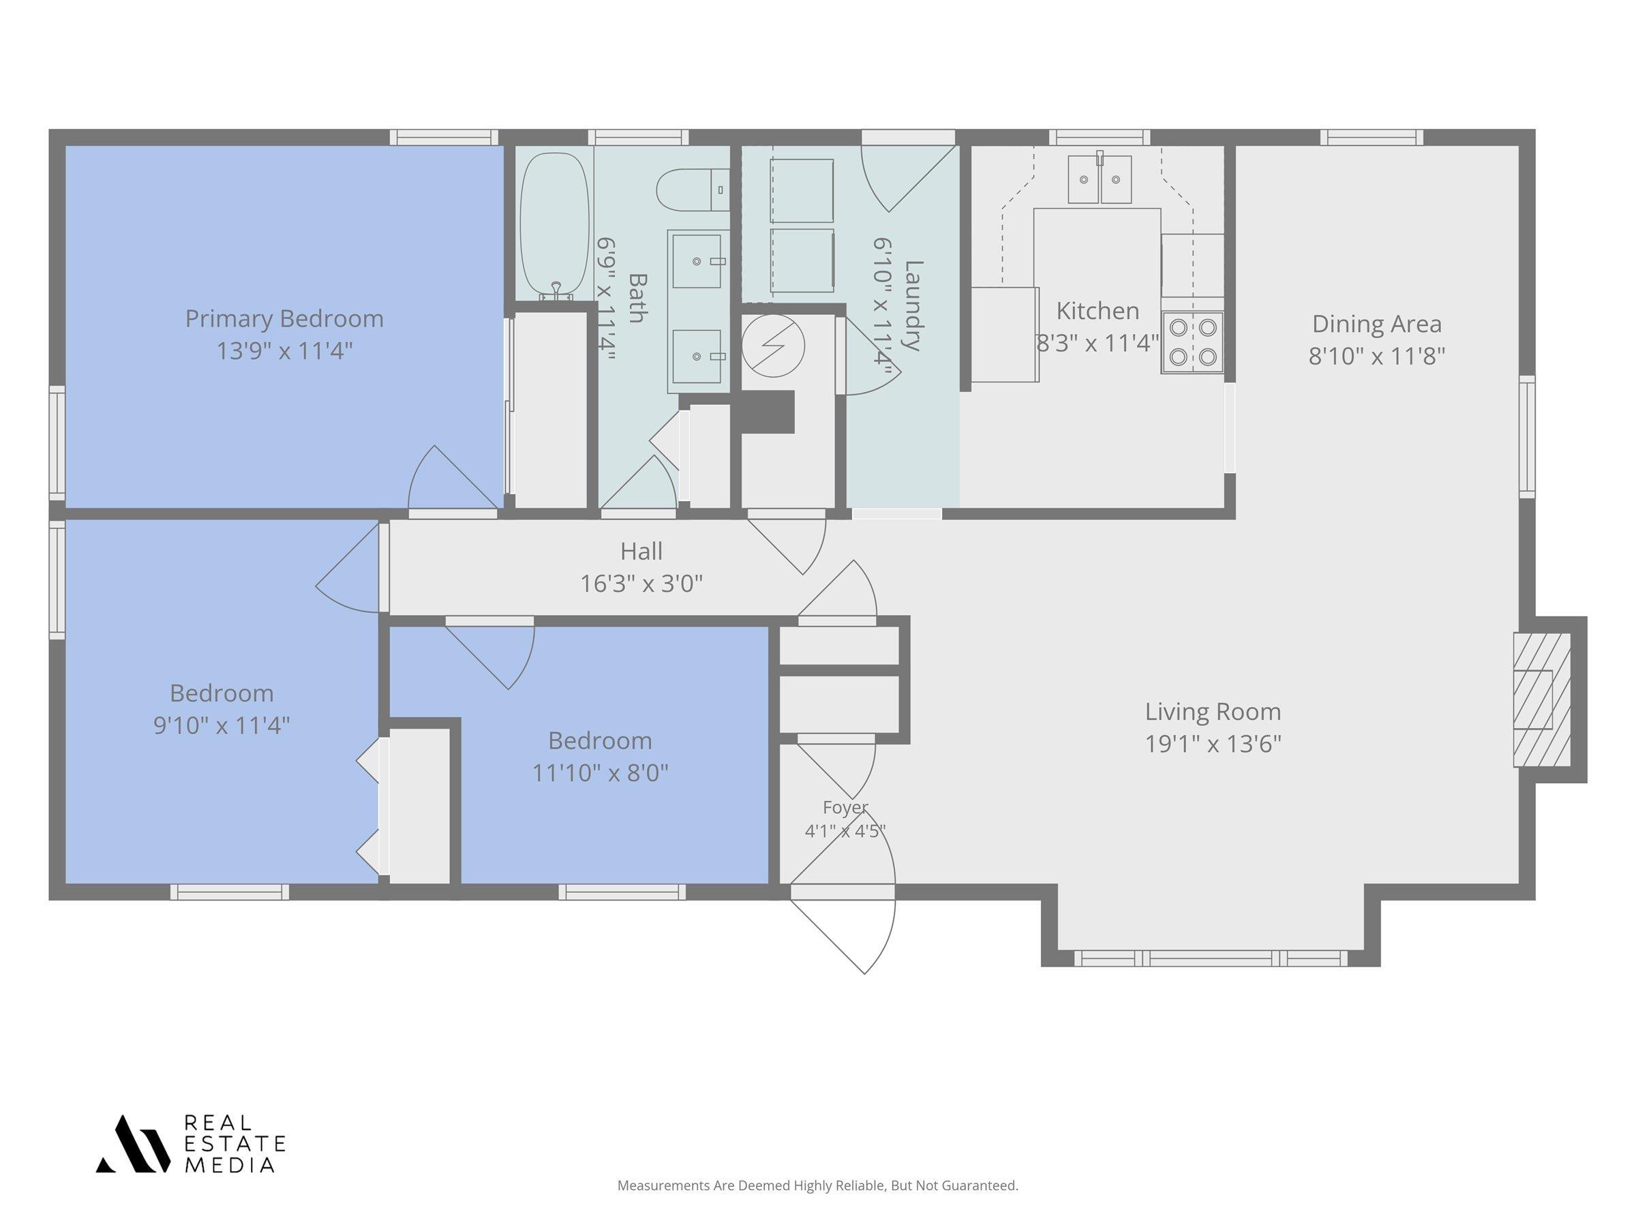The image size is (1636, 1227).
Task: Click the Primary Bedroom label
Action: [284, 319]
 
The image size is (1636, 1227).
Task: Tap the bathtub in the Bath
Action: [556, 226]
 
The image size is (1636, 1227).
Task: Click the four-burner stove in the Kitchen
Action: [1192, 342]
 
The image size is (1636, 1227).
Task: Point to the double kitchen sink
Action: [1099, 177]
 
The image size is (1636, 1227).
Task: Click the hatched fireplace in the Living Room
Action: [1541, 699]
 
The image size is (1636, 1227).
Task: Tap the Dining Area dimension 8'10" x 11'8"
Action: [1376, 357]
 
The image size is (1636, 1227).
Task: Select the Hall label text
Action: [641, 551]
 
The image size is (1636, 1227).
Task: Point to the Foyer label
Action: [845, 807]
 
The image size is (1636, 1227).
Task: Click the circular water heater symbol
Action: [773, 346]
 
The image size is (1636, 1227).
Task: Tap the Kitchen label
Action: [1097, 311]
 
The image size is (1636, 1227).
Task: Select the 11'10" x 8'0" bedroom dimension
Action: [600, 773]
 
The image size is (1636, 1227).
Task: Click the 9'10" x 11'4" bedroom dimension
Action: [221, 725]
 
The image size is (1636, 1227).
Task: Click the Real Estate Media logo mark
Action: [132, 1144]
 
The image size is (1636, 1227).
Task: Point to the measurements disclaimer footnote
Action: [818, 1185]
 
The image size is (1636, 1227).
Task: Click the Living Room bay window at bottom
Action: [1211, 958]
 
